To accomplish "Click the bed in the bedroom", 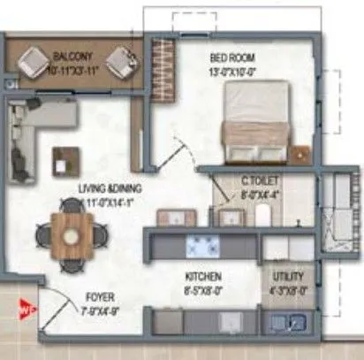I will [x=257, y=120].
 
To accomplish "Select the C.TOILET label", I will [x=260, y=183].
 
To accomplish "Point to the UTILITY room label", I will [x=289, y=277].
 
